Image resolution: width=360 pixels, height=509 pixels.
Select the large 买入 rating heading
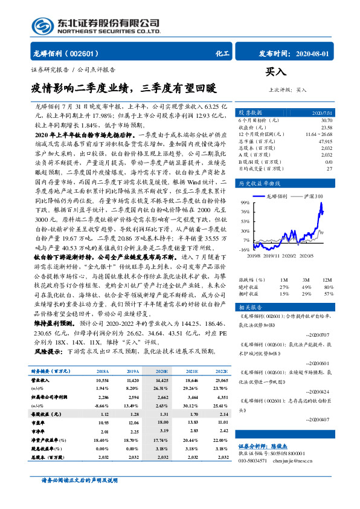click(x=275, y=73)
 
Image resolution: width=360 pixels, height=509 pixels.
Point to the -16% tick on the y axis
click(x=245, y=249)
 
